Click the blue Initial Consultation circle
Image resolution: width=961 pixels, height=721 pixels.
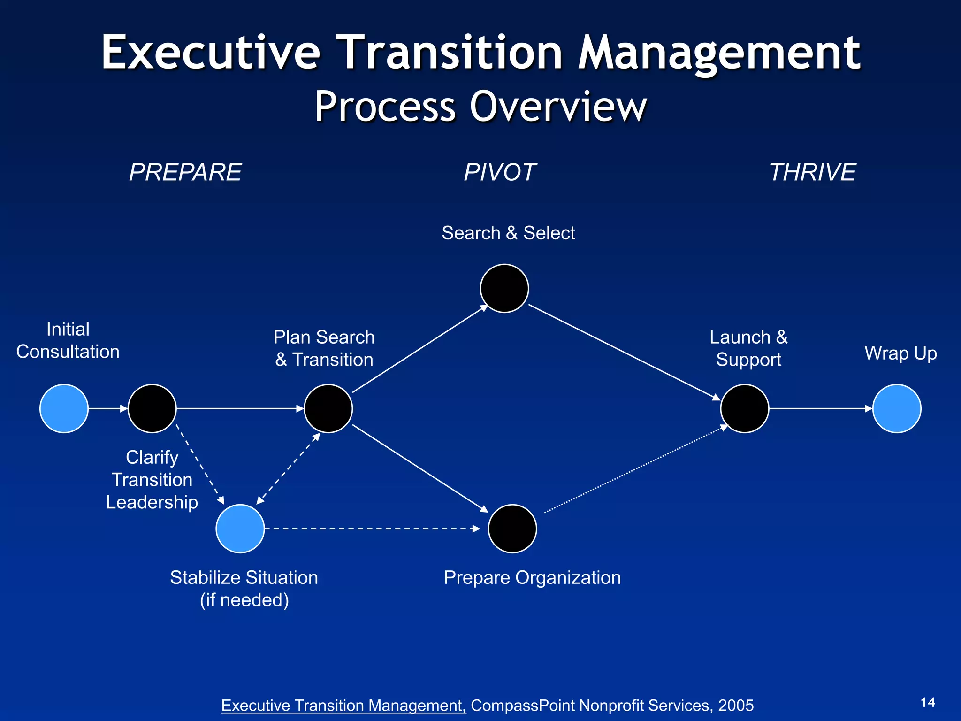[x=64, y=408]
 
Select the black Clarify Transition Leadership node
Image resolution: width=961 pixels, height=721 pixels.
[x=152, y=408]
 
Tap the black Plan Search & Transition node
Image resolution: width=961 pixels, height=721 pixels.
[x=328, y=408]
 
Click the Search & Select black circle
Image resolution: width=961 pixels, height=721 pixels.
[x=504, y=288]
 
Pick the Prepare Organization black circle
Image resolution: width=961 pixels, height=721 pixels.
[x=512, y=529]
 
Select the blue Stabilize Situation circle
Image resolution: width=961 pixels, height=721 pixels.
[x=240, y=529]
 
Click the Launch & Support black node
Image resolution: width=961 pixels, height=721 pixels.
[x=744, y=408]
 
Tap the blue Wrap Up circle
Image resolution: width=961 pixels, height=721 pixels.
[x=897, y=408]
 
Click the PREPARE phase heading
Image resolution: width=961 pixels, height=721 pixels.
[x=185, y=172]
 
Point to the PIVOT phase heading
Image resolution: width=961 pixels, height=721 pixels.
[x=500, y=172]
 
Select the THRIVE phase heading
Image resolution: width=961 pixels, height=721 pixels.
[x=813, y=172]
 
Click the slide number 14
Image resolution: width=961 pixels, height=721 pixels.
[x=928, y=702]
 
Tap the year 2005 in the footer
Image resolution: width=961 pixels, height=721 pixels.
[x=736, y=706]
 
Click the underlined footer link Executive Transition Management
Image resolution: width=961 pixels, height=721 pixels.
[x=343, y=706]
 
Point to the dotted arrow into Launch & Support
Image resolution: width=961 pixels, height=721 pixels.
[x=636, y=469]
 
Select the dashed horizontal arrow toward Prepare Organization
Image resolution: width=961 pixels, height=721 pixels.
[x=371, y=529]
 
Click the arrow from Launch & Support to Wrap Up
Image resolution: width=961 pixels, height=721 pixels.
[x=820, y=408]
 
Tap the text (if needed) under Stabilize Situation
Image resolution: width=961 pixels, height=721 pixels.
[x=244, y=600]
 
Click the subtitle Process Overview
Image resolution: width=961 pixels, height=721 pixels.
[x=480, y=107]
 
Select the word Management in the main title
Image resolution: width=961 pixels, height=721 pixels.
[x=719, y=53]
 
